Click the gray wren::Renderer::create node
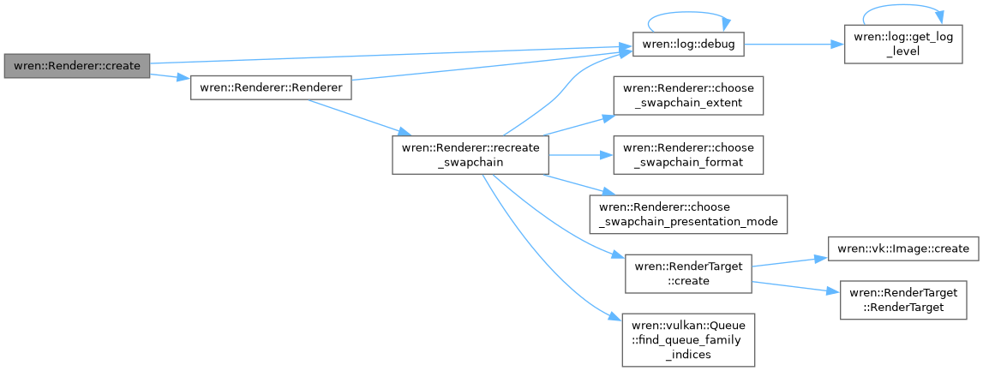pyautogui.click(x=77, y=66)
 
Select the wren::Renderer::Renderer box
pyautogui.click(x=271, y=87)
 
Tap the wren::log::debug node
pyautogui.click(x=687, y=44)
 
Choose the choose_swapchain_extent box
pyautogui.click(x=688, y=97)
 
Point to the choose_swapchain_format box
pyautogui.click(x=688, y=155)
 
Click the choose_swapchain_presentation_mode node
pyautogui.click(x=688, y=213)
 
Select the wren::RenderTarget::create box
pyautogui.click(x=687, y=272)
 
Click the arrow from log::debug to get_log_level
pyautogui.click(x=794, y=44)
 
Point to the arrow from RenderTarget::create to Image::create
pyautogui.click(x=788, y=261)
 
